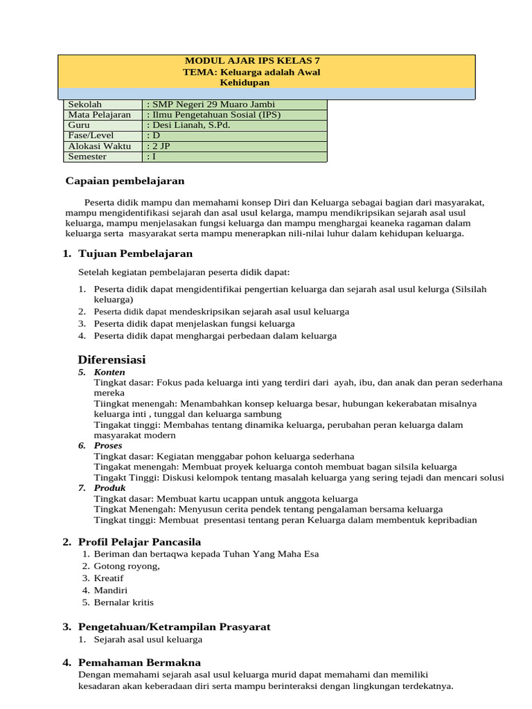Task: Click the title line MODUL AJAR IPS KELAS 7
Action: pos(266,61)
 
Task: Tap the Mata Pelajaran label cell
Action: pos(99,115)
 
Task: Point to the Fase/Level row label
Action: pos(91,136)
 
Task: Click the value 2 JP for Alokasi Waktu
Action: pos(159,146)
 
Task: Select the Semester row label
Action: pos(87,156)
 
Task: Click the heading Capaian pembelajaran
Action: pos(125,181)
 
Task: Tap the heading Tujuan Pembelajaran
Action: pos(136,253)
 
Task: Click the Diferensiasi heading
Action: pos(112,360)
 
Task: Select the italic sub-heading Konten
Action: pos(109,373)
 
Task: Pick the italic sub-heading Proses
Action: pos(108,446)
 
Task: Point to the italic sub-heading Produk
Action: pos(109,488)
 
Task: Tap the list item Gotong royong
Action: pos(127,566)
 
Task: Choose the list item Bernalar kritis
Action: pos(123,602)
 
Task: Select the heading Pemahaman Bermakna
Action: pos(140,663)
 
